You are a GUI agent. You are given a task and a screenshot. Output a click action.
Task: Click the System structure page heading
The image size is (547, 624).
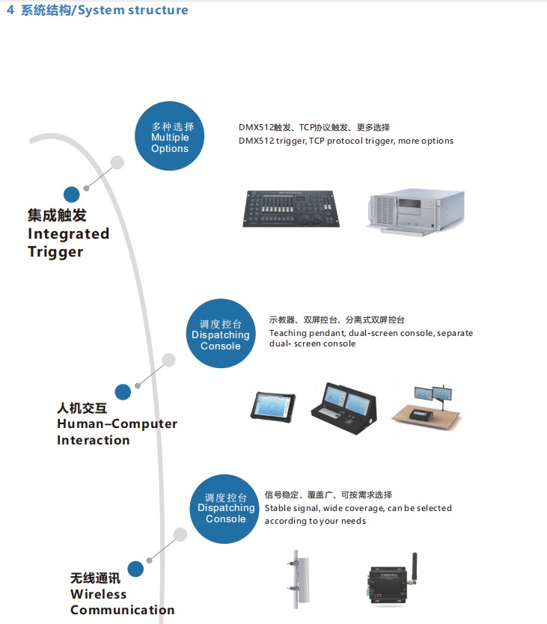[x=97, y=10]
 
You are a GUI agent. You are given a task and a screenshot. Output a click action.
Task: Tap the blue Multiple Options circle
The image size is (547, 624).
[x=170, y=138]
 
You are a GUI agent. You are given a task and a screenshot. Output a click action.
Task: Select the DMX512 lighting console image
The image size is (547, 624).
[x=294, y=207]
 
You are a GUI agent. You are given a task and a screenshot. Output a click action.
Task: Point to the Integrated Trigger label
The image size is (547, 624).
[x=68, y=233]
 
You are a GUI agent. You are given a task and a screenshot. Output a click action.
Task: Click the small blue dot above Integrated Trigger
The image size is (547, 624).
[x=72, y=195]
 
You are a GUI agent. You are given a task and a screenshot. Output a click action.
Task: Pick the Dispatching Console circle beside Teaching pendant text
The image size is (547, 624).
[x=220, y=334]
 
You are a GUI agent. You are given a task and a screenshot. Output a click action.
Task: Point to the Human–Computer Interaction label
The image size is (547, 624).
[x=117, y=424]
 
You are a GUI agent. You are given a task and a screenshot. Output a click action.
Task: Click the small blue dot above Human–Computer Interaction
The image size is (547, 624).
[x=123, y=391]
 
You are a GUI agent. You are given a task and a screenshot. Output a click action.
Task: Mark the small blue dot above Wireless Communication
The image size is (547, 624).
[x=135, y=569]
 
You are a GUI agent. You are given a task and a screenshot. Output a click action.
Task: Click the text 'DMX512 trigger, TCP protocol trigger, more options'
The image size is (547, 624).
[x=346, y=141]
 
